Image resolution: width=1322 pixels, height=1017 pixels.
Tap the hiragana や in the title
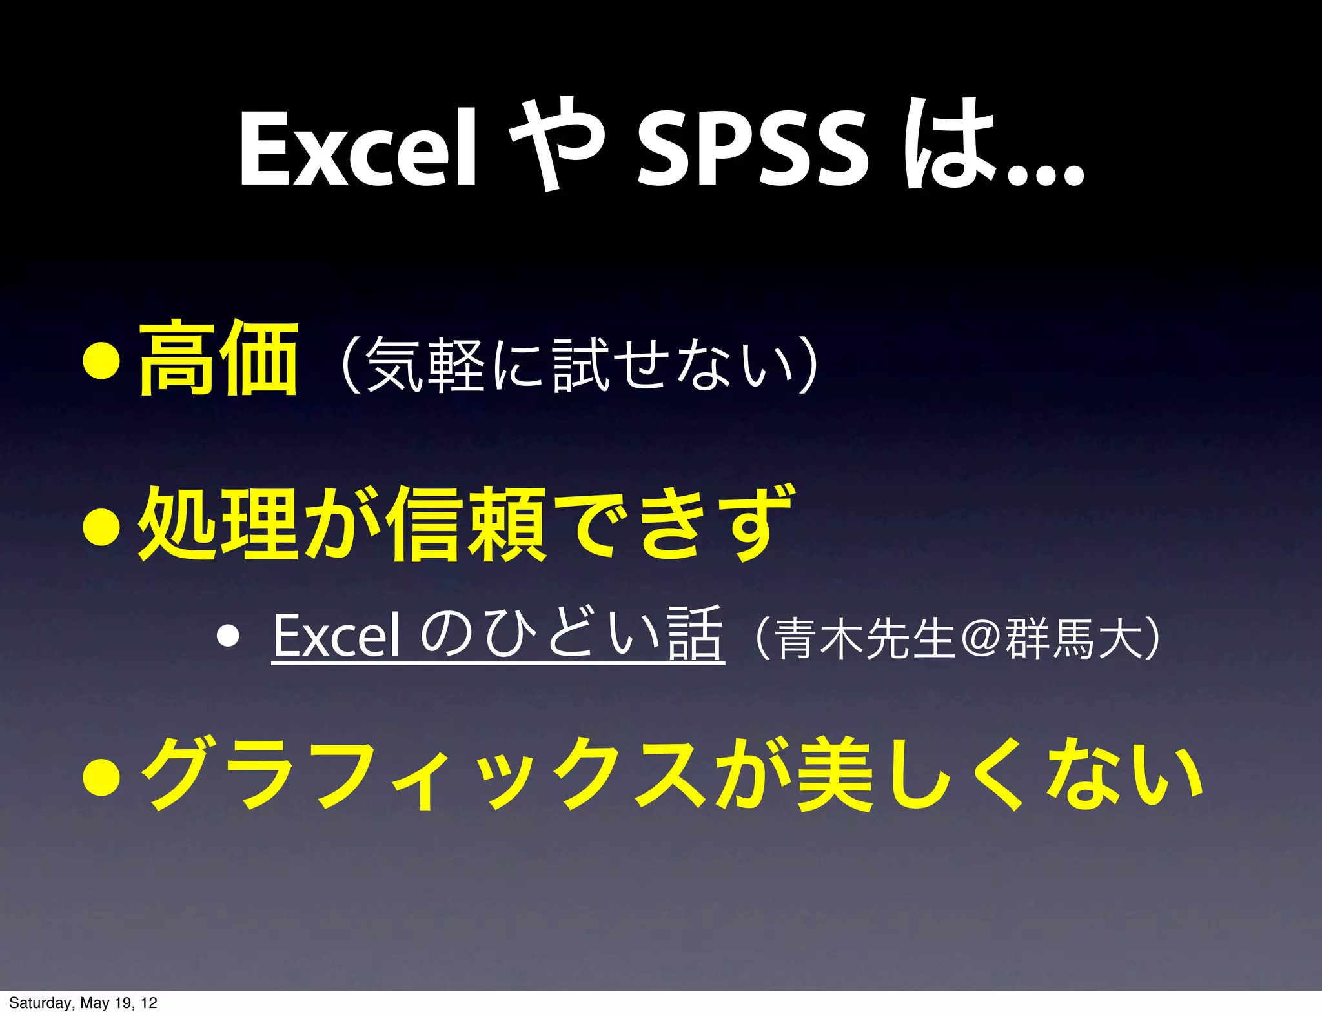(x=556, y=145)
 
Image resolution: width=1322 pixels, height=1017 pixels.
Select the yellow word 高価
(x=218, y=359)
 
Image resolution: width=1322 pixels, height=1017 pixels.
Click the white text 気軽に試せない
(x=579, y=365)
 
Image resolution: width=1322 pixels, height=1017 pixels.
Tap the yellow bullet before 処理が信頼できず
(x=102, y=526)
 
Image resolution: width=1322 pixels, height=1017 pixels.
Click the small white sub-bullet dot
(x=229, y=636)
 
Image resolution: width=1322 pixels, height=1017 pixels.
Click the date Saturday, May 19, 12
(x=83, y=1003)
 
